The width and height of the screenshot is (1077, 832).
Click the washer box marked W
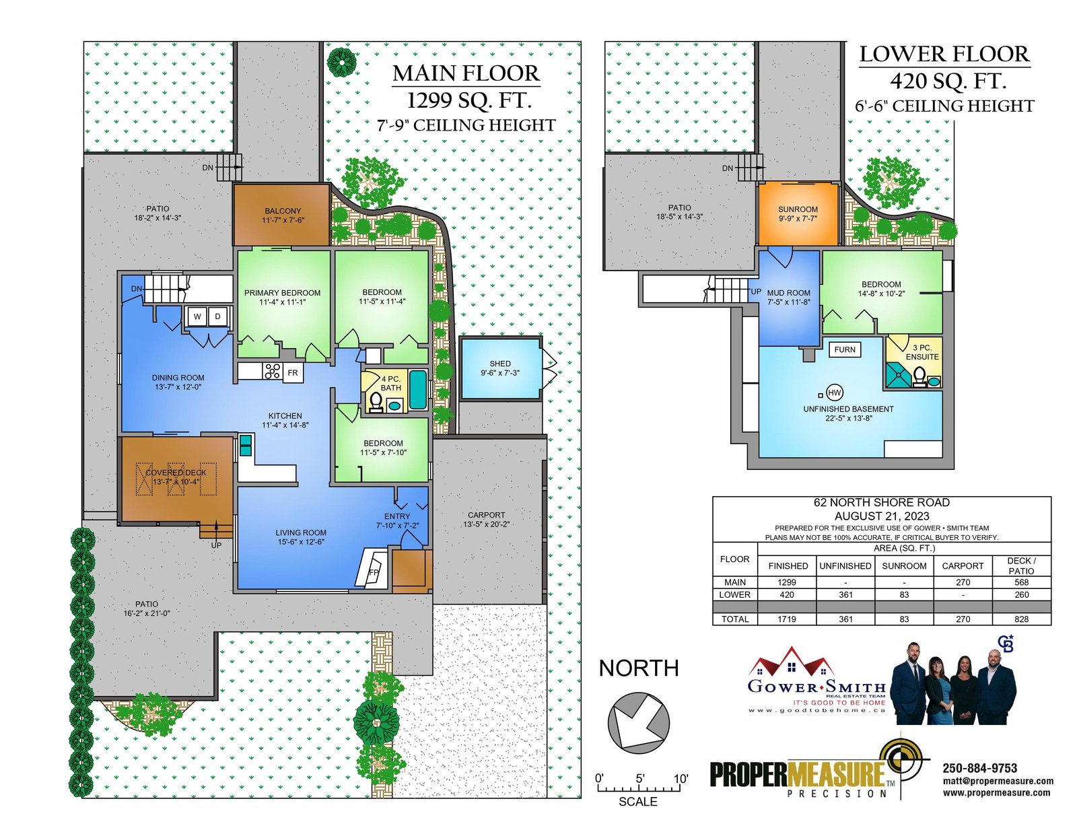click(x=197, y=316)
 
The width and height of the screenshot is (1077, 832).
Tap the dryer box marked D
click(x=217, y=316)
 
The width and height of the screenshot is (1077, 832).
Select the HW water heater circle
click(x=835, y=393)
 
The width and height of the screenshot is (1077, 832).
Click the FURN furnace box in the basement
click(x=845, y=349)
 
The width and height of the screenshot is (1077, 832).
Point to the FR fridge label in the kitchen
click(x=292, y=373)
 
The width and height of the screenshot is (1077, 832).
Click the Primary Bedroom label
click(x=282, y=293)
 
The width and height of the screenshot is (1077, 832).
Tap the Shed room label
click(x=499, y=363)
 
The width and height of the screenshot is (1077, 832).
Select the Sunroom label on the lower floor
click(x=798, y=209)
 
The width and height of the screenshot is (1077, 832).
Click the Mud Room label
click(x=788, y=293)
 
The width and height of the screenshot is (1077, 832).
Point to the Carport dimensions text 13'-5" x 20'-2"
click(x=486, y=524)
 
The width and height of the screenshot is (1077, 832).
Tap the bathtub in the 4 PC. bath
click(x=418, y=390)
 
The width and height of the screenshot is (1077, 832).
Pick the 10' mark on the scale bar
click(x=681, y=778)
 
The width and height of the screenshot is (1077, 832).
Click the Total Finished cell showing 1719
click(x=787, y=619)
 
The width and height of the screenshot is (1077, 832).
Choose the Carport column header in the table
click(x=963, y=566)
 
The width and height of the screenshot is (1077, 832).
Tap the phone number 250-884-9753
click(x=979, y=768)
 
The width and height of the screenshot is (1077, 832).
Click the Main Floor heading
click(x=466, y=73)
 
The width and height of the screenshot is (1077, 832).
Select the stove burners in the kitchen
click(x=272, y=371)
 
